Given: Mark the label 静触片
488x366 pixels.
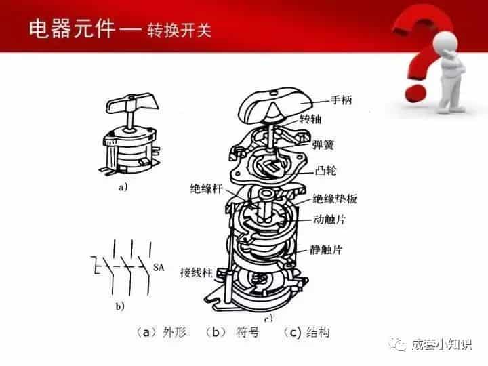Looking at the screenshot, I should [x=328, y=249].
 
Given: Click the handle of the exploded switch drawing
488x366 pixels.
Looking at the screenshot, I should [x=274, y=104].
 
